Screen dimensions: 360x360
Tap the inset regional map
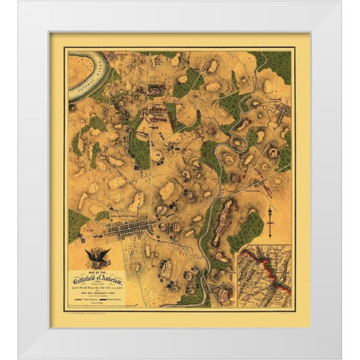264,278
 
